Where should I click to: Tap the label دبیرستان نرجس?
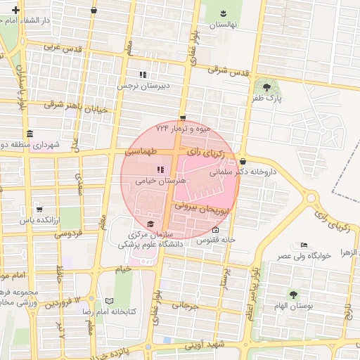143,86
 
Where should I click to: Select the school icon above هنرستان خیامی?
160,169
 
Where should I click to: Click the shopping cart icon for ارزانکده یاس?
39,209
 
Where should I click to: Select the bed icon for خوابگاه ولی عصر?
304,245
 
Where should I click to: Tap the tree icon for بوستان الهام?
292,294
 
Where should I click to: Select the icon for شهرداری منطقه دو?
29,134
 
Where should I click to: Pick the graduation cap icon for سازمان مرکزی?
150,224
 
